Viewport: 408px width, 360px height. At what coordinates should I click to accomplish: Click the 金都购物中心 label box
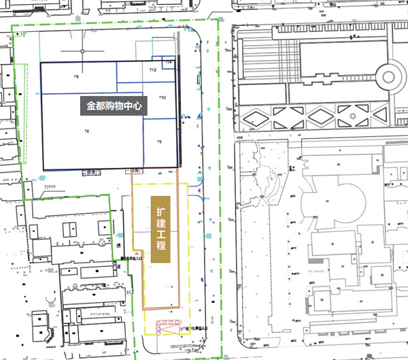coord(114,107)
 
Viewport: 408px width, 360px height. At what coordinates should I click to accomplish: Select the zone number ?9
coord(76,78)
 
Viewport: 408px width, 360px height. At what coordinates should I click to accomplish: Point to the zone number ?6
coord(86,131)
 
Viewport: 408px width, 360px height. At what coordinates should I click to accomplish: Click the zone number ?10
coord(162,99)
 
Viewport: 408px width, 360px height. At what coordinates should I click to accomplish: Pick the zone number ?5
coord(159,142)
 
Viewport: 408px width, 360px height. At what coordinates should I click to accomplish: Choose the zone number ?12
coord(153,71)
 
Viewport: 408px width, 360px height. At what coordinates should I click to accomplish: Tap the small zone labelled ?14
coord(169,63)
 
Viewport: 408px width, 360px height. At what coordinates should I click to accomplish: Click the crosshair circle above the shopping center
coord(82,51)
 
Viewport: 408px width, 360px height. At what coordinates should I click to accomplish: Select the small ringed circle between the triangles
coord(354,116)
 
